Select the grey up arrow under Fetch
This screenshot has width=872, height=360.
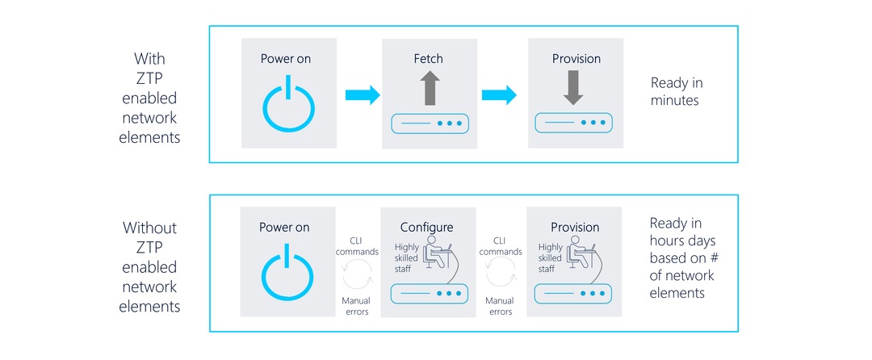429,88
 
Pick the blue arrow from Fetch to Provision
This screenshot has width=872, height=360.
499,96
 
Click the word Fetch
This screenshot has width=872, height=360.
428,59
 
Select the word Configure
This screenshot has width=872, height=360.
427,228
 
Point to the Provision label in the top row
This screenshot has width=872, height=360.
576,59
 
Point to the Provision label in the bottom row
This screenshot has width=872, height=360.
575,228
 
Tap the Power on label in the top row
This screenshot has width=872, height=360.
285,59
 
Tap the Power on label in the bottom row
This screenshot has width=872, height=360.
284,228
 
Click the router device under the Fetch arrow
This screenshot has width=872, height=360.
429,124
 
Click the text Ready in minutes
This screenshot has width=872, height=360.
677,92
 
